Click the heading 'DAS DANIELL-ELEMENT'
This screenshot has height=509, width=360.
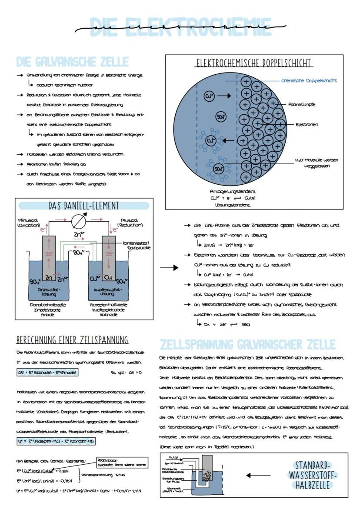point(83,206)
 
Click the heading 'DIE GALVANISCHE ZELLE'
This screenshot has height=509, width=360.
point(72,61)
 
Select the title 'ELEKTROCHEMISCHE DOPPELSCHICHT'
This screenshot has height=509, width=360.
point(253,63)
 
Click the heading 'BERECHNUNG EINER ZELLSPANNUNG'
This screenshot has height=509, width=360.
point(72,339)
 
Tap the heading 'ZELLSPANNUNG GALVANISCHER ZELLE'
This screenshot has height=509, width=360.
point(248,345)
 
